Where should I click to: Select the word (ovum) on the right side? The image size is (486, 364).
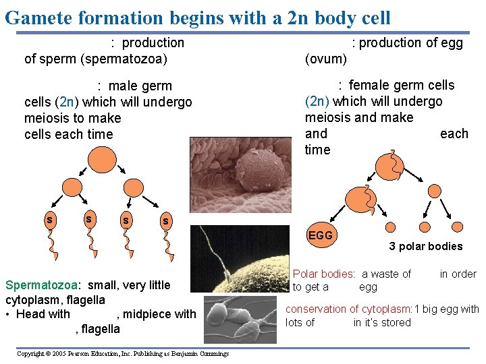point(325,59)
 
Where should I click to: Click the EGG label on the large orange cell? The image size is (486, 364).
point(320,235)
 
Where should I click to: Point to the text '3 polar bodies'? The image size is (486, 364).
point(425,246)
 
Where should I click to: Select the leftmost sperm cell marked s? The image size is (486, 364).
point(49,219)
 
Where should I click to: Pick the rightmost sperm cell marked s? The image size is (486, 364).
point(165,221)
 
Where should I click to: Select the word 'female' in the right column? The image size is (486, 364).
point(370,85)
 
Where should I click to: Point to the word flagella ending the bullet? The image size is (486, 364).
point(99,329)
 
